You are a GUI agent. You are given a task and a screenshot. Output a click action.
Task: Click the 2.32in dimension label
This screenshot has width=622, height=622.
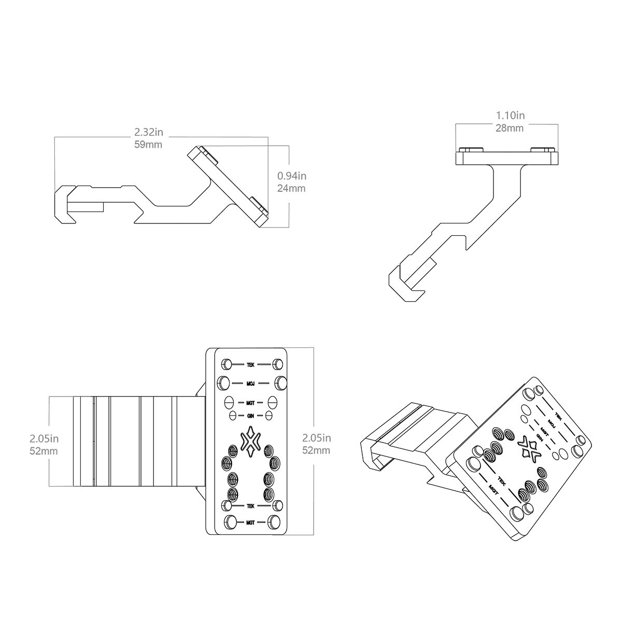[148, 133]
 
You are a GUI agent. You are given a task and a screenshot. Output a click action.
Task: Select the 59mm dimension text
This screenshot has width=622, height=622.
[148, 145]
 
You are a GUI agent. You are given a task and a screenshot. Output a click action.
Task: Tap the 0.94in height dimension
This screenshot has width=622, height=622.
[291, 176]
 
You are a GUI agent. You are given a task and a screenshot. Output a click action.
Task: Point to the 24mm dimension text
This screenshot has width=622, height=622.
[291, 188]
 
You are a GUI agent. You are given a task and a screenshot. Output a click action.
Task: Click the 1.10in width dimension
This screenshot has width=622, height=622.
[510, 116]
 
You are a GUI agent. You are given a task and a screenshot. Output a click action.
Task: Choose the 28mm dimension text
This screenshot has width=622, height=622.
[510, 128]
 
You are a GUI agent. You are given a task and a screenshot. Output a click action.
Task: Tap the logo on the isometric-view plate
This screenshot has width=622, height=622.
[529, 449]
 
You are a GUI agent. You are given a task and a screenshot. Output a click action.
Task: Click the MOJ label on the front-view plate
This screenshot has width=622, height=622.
[250, 384]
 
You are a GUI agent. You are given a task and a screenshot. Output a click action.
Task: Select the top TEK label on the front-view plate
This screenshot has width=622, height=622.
[250, 364]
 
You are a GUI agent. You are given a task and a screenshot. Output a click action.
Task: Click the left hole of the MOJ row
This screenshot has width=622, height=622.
[224, 383]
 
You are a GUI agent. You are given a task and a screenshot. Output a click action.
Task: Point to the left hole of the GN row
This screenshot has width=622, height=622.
[233, 415]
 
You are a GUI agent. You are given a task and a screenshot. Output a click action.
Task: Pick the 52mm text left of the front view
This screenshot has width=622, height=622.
[44, 451]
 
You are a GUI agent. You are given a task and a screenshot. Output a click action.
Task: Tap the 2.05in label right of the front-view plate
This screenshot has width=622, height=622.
[316, 439]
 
